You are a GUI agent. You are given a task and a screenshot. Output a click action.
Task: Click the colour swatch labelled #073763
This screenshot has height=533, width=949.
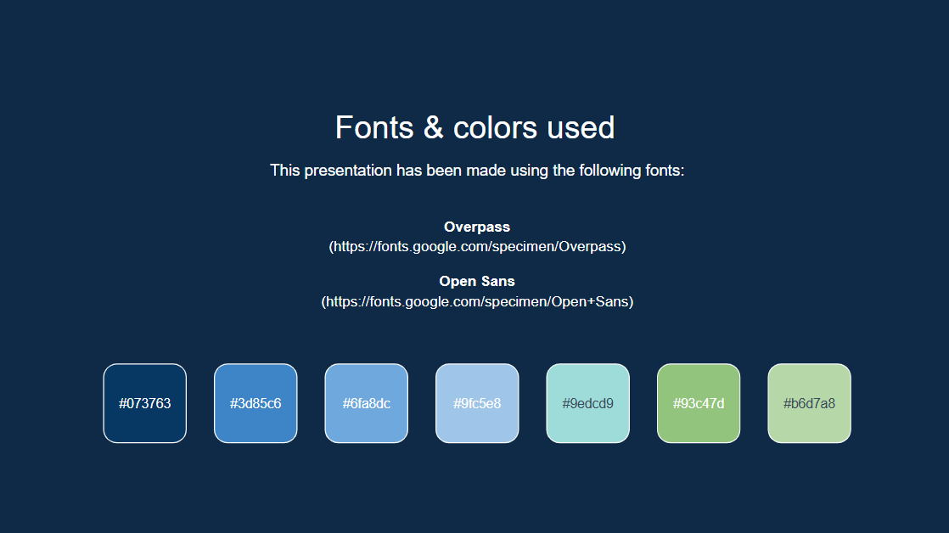click(144, 403)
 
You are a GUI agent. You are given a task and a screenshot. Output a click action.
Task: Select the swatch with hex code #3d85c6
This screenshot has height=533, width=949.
click(255, 403)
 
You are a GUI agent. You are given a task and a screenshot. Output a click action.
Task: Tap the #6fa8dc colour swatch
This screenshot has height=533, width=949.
click(366, 403)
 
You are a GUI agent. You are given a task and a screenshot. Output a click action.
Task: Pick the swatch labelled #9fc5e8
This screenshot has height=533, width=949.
click(477, 403)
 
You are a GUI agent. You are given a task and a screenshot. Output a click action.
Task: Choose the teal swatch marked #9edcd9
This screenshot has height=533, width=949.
click(587, 403)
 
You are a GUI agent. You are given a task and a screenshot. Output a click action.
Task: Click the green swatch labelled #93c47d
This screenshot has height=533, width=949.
click(699, 403)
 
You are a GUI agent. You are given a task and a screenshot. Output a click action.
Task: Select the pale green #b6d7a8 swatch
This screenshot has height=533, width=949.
click(809, 403)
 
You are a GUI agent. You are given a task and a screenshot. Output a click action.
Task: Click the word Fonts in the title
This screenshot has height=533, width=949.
click(374, 127)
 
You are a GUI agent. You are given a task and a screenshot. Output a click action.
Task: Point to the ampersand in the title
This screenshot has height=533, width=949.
click(434, 127)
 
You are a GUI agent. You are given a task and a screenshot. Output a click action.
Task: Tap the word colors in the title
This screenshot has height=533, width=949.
click(495, 127)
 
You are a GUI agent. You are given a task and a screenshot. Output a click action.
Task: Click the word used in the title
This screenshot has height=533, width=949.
click(581, 127)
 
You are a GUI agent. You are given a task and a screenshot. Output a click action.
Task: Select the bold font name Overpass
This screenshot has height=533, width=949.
click(477, 227)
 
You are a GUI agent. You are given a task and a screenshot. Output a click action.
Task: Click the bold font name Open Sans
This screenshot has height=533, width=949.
click(477, 281)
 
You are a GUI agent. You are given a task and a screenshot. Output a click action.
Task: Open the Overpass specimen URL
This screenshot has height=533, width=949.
click(477, 247)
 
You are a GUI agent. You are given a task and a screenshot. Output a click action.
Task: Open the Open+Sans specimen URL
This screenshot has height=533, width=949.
click(477, 301)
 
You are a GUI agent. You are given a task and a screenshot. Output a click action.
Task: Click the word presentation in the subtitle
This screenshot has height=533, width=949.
click(348, 171)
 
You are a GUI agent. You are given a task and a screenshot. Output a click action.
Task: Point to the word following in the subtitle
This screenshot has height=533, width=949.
click(609, 171)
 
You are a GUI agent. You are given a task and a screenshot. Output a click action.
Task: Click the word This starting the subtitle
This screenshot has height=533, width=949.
click(285, 171)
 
